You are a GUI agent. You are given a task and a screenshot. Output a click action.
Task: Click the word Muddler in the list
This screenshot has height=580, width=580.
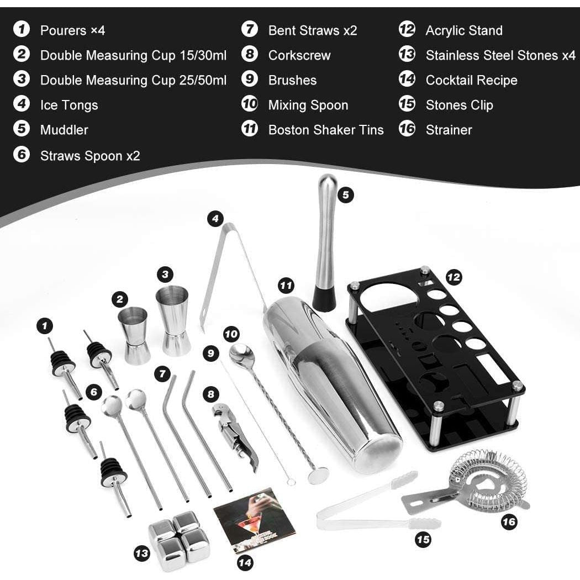64,130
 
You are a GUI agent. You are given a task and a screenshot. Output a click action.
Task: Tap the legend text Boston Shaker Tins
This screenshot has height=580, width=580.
325,130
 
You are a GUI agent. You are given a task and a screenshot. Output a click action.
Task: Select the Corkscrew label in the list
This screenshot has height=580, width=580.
299,55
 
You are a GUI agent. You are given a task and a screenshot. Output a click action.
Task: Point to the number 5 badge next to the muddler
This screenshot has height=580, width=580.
346,195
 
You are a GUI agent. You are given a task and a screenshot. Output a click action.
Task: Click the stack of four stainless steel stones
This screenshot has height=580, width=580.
180,539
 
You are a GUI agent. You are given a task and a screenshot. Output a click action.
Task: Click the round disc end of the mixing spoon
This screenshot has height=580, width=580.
318,474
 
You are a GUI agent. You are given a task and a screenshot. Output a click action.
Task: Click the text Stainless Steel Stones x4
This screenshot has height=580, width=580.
500,55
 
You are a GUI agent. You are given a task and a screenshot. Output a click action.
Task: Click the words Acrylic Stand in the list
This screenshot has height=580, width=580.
463,30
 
